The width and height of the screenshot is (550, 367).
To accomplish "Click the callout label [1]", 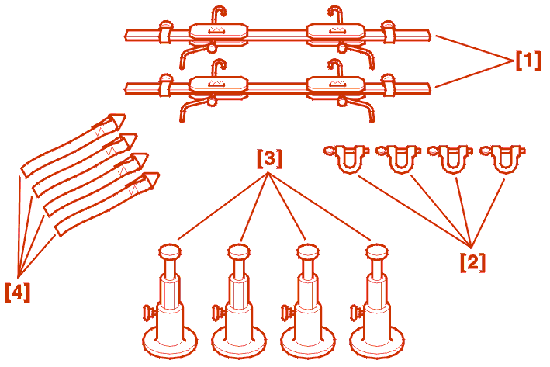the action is pyautogui.click(x=528, y=61).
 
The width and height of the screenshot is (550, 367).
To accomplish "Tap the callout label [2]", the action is pyautogui.click(x=473, y=262).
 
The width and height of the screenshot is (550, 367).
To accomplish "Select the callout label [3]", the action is pyautogui.click(x=269, y=158).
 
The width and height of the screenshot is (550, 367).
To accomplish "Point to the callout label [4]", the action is pyautogui.click(x=18, y=292).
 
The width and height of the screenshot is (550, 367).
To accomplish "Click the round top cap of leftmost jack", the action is pyautogui.click(x=170, y=252).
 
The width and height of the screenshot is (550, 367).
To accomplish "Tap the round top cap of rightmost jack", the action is pyautogui.click(x=377, y=252).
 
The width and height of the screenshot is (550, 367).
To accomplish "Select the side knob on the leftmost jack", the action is pyautogui.click(x=150, y=313).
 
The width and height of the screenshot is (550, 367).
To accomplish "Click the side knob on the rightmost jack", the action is pyautogui.click(x=356, y=313).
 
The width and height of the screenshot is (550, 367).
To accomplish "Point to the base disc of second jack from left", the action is pyautogui.click(x=239, y=344).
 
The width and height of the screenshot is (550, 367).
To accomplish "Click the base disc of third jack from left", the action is pyautogui.click(x=308, y=344).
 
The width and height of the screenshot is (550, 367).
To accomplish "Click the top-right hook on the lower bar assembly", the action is pyautogui.click(x=335, y=68).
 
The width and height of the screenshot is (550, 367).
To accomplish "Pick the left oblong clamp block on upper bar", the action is pyautogui.click(x=218, y=33).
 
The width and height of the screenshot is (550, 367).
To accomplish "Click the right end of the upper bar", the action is pyautogui.click(x=430, y=35).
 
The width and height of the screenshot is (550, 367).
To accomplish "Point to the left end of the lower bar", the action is pyautogui.click(x=126, y=88).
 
